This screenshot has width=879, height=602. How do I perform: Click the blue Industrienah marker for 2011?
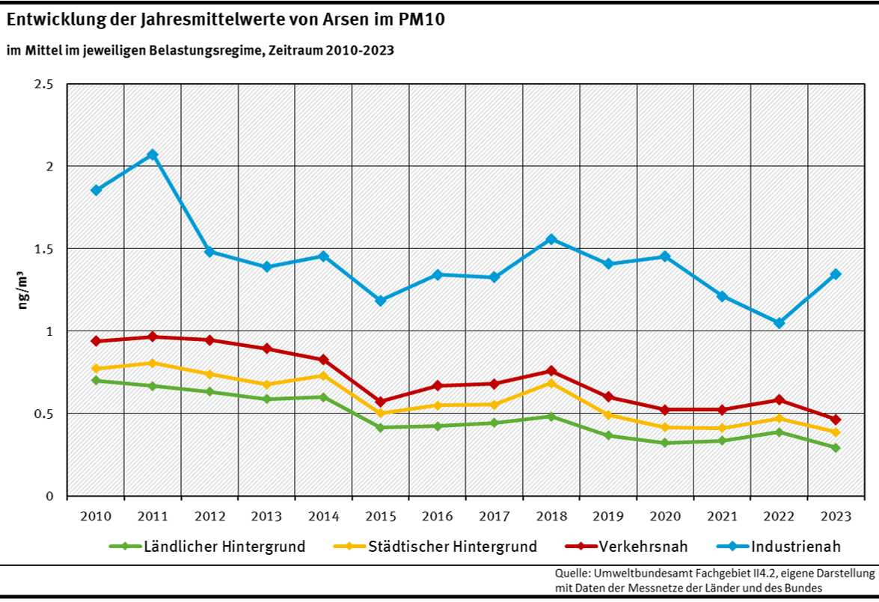(x=153, y=155)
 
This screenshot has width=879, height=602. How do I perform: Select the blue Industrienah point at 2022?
(x=779, y=323)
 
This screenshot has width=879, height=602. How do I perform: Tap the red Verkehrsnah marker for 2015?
(x=380, y=402)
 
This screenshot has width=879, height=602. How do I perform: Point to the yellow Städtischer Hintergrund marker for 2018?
(x=551, y=383)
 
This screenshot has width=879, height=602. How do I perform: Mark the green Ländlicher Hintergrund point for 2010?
(x=96, y=380)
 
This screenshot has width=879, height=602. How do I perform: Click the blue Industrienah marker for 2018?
(x=551, y=239)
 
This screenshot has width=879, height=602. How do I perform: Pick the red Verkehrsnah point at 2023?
(x=836, y=420)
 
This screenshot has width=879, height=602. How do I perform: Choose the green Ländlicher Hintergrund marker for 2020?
(x=665, y=443)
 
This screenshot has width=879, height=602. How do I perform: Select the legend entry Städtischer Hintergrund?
(x=452, y=547)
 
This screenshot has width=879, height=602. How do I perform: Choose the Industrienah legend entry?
(x=796, y=547)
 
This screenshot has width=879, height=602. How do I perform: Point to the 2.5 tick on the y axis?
(x=45, y=84)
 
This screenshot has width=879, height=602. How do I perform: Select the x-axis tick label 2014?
(x=323, y=517)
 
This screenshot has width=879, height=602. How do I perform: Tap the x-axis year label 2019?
(x=608, y=517)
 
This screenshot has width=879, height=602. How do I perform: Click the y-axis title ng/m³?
(x=24, y=289)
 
